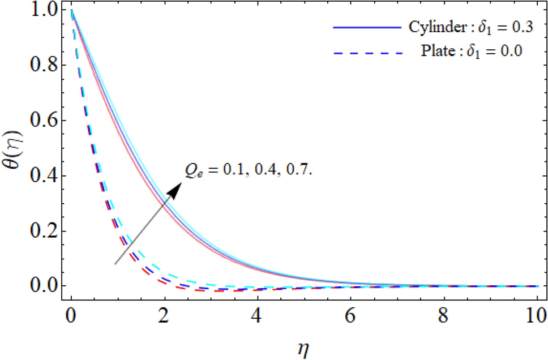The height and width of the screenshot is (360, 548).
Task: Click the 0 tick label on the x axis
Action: coord(71,312)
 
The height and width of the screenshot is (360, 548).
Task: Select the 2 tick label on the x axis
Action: coord(165,312)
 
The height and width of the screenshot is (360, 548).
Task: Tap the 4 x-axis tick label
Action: coord(258,312)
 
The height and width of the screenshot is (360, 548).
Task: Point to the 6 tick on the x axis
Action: coord(351,312)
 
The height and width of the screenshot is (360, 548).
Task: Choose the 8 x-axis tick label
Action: coord(444,312)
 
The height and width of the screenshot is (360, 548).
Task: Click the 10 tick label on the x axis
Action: coord(537,312)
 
